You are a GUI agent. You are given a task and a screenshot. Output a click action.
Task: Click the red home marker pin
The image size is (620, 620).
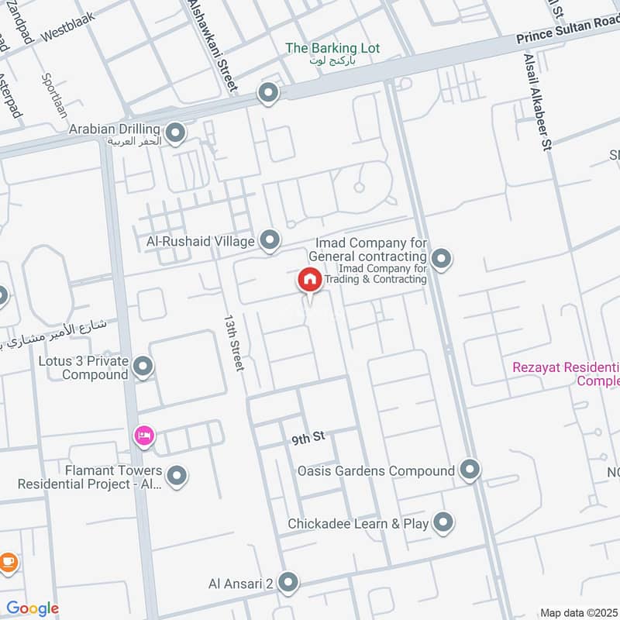click(310, 280)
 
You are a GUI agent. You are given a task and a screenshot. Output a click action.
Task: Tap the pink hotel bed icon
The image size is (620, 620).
click(144, 436)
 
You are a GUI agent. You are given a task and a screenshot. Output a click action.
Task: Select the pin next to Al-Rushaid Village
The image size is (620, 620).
click(270, 241)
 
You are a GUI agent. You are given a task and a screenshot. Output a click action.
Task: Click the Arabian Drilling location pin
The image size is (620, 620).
click(176, 134)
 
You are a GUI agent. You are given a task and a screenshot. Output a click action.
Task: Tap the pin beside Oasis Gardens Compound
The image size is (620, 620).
click(470, 470)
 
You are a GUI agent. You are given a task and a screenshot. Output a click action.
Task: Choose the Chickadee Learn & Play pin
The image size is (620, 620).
click(443, 523)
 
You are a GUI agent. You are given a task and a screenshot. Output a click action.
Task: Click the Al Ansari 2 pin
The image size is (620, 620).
click(288, 582)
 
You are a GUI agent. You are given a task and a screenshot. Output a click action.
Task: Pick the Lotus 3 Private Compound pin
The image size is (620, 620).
click(143, 367)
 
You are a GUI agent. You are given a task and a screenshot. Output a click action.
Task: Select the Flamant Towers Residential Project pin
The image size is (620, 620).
click(177, 476)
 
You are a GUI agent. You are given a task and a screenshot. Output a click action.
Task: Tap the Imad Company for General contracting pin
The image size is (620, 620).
click(441, 258)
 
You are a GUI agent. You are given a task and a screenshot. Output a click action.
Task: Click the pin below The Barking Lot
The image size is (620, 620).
click(268, 94)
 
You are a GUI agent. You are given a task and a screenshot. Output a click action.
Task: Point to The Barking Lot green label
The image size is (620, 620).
click(332, 48)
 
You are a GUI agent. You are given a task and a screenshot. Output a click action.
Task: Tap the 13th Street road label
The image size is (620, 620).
click(232, 342)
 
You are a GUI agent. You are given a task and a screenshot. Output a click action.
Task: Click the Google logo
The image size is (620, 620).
click(33, 608)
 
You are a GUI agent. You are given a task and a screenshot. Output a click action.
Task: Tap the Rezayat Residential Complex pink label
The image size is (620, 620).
click(566, 374)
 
